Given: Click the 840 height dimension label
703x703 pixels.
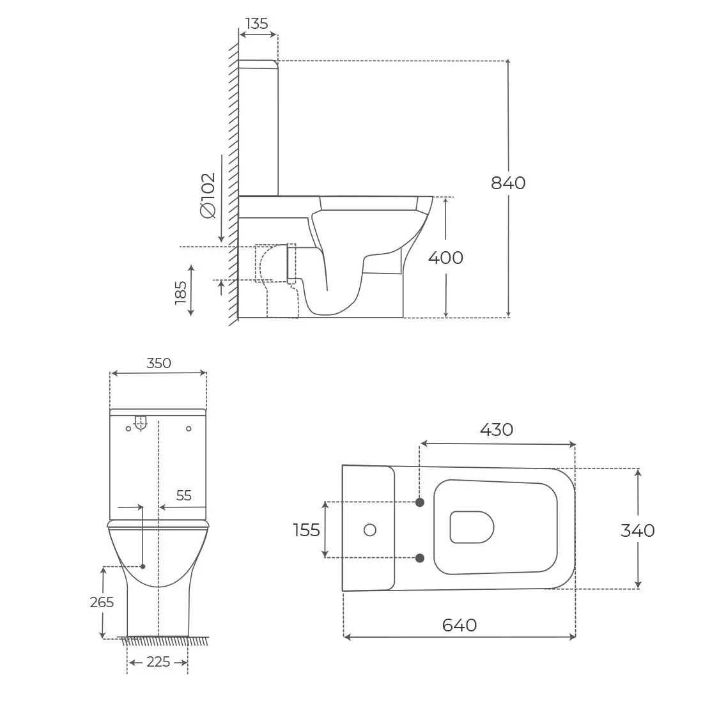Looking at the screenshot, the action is click(x=508, y=183).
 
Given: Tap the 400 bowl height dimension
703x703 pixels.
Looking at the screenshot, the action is click(x=445, y=258).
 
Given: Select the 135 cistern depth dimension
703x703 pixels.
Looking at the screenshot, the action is click(x=257, y=23).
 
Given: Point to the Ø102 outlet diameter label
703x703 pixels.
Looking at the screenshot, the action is click(x=208, y=196).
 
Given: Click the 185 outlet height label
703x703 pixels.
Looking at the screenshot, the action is click(x=181, y=292).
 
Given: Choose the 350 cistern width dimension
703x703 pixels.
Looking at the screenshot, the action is click(x=158, y=363).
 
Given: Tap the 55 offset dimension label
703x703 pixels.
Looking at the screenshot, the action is click(x=184, y=495).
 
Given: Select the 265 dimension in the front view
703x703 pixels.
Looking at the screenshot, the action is click(x=102, y=602).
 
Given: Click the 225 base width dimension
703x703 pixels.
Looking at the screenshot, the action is click(x=158, y=661).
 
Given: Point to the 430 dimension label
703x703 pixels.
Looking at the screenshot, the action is click(x=497, y=429).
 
